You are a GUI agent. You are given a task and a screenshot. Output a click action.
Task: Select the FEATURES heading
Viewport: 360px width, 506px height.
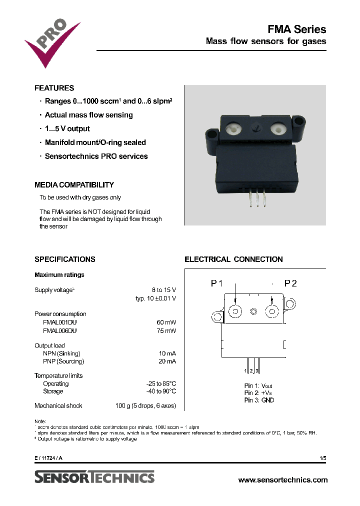[x=54, y=88]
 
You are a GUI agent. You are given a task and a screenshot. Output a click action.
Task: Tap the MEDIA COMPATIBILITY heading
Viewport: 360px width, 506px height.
[x=74, y=185]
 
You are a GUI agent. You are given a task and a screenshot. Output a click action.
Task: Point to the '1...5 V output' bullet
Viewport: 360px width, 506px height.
[x=67, y=128]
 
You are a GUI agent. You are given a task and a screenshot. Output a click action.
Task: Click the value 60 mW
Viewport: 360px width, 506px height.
[x=166, y=322]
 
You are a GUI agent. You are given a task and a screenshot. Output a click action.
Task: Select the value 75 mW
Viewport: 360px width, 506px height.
[x=166, y=330]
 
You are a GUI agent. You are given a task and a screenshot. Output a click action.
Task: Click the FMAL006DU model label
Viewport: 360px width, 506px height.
[x=60, y=330]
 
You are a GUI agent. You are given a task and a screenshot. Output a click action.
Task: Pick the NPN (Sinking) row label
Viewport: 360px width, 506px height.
[x=63, y=353]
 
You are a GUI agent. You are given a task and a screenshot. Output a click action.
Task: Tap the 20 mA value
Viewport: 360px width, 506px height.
[x=167, y=361]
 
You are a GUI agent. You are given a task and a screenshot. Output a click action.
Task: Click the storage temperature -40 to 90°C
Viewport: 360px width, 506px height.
[x=160, y=391]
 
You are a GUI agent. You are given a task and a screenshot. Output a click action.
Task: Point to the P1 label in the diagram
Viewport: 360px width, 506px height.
[x=216, y=283]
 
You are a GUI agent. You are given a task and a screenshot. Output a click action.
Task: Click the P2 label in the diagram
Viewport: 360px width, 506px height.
[x=290, y=283]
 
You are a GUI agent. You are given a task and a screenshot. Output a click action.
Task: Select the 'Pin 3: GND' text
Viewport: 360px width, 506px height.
[x=259, y=400]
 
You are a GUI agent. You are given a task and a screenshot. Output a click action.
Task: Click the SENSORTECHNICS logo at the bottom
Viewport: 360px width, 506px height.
[x=94, y=477]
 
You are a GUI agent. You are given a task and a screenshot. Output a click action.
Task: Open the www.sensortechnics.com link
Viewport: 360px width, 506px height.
[x=283, y=479]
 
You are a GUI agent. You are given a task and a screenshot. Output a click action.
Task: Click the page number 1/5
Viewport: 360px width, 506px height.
[x=322, y=458]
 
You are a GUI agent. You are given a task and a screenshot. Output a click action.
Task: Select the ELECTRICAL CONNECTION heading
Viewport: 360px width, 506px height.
[x=233, y=259]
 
